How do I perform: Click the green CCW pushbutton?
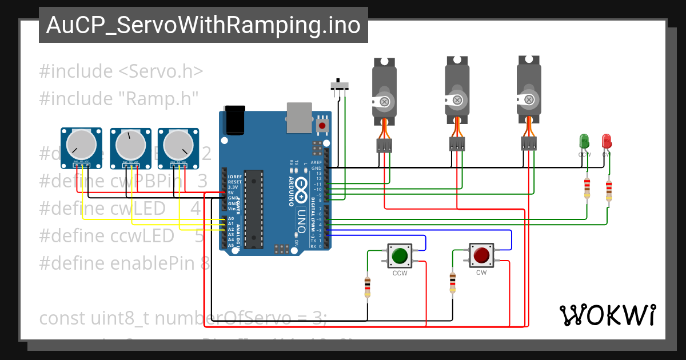[x=400, y=255]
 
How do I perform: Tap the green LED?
[x=584, y=141]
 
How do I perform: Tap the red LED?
[x=606, y=141]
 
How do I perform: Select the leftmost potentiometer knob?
[x=81, y=145]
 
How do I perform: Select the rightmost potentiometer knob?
[x=178, y=145]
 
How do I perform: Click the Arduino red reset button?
[x=322, y=125]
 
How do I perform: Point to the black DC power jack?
[x=234, y=120]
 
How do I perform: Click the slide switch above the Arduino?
[x=341, y=86]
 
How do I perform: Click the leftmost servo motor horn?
[x=384, y=102]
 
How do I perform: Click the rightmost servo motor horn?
[x=529, y=99]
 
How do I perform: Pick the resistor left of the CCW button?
[x=367, y=286]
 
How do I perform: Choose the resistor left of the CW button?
[x=452, y=282]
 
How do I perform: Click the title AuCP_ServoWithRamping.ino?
[x=203, y=26]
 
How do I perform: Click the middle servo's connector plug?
[x=457, y=144]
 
